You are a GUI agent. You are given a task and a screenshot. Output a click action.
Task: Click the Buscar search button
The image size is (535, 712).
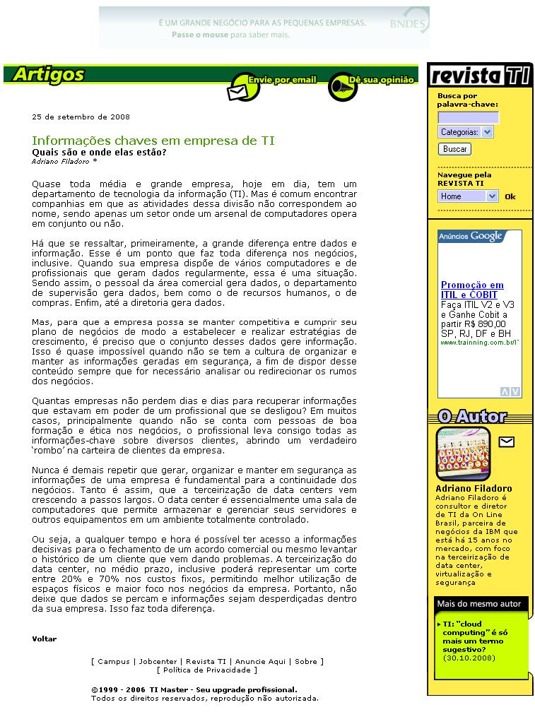(454, 149)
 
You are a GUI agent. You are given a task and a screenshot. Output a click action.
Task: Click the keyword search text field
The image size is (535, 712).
(468, 117)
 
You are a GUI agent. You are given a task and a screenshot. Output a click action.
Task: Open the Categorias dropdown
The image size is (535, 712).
(465, 132)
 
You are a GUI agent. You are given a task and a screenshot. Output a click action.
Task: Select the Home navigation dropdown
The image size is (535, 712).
(468, 196)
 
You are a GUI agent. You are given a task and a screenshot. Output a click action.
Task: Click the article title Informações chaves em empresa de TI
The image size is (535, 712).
(153, 141)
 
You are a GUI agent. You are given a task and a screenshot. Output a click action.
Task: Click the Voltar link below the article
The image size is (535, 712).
(44, 639)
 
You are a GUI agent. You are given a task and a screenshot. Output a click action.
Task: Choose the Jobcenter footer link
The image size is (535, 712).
(158, 662)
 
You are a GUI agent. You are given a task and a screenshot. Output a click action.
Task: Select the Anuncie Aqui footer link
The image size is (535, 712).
(260, 662)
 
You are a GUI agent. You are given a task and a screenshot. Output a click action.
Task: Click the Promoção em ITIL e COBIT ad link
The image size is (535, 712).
(472, 290)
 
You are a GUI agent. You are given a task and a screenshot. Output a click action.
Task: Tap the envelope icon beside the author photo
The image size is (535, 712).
(506, 442)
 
